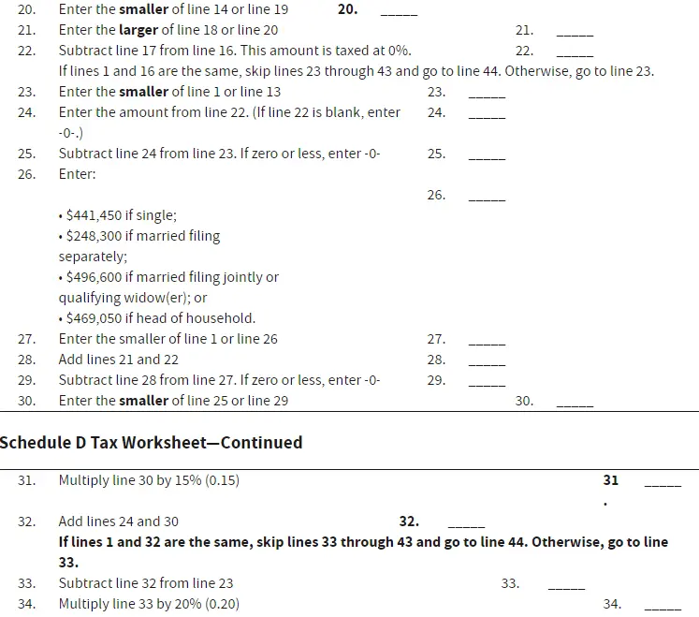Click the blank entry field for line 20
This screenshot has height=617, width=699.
click(400, 13)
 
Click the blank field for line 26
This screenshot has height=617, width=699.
click(487, 198)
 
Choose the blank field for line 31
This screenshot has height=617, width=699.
click(663, 483)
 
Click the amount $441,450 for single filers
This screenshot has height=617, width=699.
click(94, 215)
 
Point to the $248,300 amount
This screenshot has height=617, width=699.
click(94, 236)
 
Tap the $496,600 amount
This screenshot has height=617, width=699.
click(94, 277)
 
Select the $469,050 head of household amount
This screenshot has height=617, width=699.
click(94, 318)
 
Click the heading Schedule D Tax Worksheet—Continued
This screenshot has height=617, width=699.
click(151, 442)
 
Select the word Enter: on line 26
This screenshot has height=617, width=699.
click(77, 174)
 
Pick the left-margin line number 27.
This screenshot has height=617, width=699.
click(26, 339)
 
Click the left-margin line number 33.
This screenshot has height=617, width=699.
click(26, 583)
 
